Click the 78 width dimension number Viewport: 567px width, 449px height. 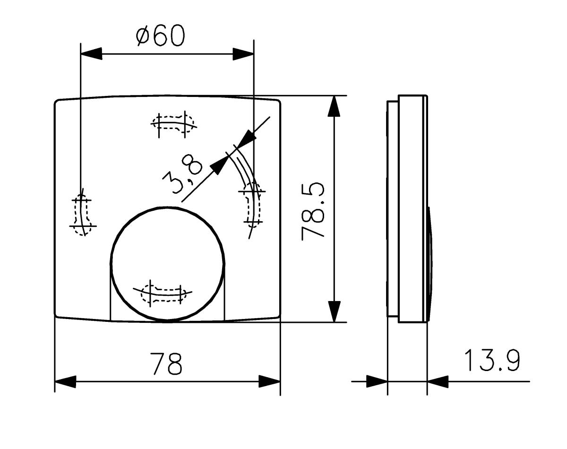166,363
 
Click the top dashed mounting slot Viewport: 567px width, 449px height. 173,124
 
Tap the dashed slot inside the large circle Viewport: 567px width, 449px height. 165,292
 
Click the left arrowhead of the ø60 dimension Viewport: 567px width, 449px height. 92,53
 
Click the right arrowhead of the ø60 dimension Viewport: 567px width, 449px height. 243,53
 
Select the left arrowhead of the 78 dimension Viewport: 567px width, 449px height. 66,381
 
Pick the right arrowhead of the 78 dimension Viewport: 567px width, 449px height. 269,381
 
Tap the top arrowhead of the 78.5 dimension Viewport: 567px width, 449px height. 334,106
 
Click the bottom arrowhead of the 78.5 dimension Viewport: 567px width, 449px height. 334,311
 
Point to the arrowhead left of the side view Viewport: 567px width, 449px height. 377,381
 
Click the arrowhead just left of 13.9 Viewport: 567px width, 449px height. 438,381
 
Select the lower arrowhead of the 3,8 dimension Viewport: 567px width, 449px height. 218,165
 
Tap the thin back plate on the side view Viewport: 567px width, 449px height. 392,208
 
